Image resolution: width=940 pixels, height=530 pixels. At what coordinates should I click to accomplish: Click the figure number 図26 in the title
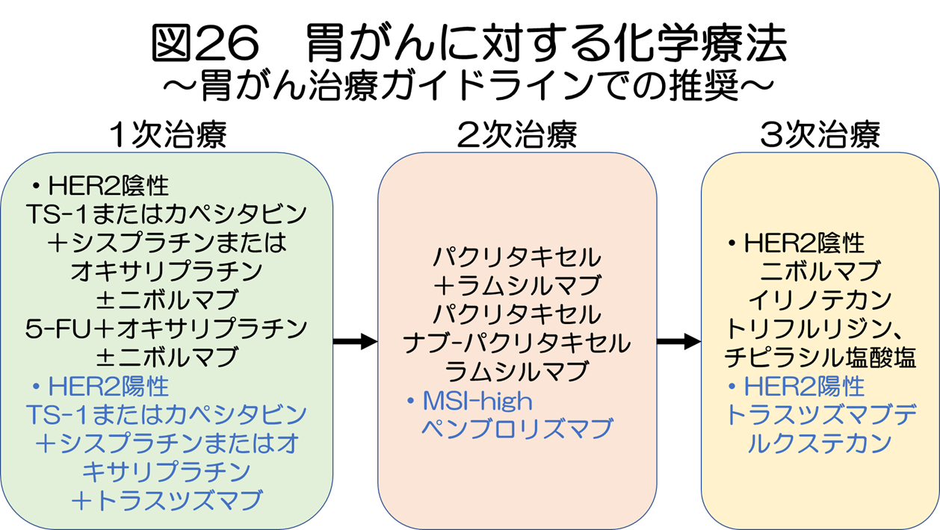point(204,43)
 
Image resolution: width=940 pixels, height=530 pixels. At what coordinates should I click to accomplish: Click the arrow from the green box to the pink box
point(354,342)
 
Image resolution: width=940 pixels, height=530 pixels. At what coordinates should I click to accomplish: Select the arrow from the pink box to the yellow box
point(678,342)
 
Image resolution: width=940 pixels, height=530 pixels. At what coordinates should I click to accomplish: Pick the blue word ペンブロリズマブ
point(517,429)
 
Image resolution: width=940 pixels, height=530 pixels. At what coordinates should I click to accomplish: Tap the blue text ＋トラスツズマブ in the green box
point(167,499)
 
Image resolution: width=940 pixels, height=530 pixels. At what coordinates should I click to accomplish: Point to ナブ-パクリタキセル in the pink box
point(517,343)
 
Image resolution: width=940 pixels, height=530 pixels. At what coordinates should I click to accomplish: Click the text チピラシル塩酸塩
point(820,358)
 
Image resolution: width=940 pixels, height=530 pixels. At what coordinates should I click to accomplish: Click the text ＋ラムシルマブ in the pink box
point(517,285)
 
